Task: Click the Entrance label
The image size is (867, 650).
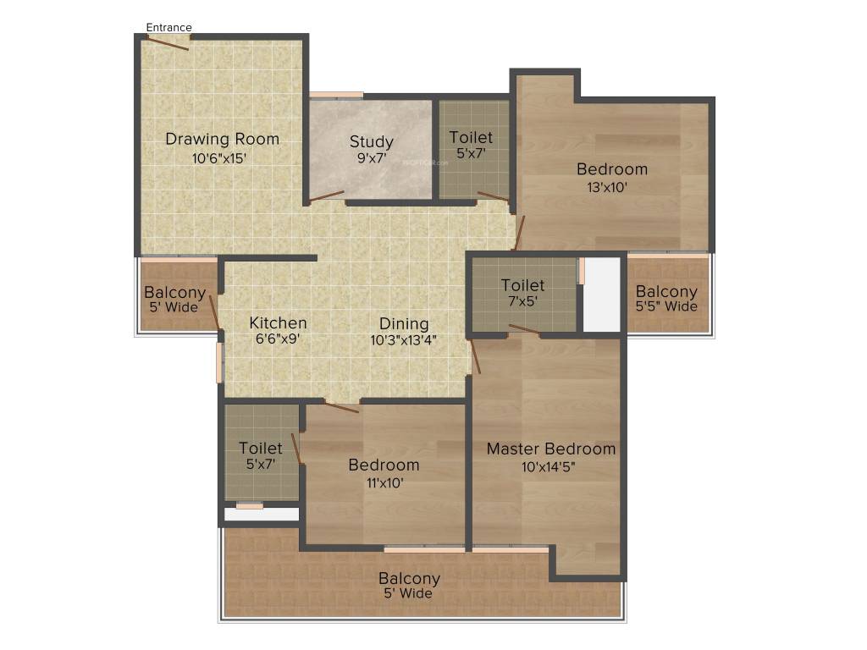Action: (x=169, y=27)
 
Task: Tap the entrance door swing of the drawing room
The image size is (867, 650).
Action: (x=168, y=42)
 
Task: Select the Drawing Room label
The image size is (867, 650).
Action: (x=222, y=139)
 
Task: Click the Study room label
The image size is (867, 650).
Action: (x=371, y=141)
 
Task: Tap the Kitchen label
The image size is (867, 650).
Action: (x=278, y=322)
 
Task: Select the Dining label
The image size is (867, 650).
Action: (x=404, y=323)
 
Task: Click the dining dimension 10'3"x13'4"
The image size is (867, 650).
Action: (x=404, y=340)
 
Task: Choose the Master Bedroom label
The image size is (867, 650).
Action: (x=550, y=449)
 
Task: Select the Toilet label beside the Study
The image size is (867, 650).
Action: (x=471, y=137)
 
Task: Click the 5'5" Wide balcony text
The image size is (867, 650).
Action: (x=666, y=306)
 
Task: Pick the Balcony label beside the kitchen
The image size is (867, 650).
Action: (x=175, y=293)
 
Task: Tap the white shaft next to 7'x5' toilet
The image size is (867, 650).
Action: (x=603, y=295)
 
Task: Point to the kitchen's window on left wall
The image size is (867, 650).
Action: (x=219, y=362)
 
